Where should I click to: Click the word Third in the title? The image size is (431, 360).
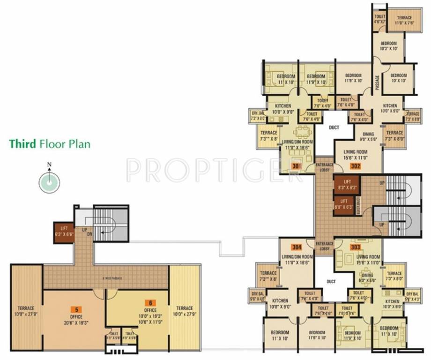[x=22, y=143]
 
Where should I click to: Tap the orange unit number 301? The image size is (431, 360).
[x=296, y=165]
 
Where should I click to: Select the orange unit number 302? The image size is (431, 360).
[x=356, y=165]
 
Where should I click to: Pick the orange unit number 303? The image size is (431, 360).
[x=355, y=247]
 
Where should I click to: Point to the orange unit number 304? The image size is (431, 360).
[x=296, y=247]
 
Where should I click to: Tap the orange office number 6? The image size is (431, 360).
[x=151, y=303]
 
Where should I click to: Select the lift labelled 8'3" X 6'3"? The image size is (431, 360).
[x=346, y=185]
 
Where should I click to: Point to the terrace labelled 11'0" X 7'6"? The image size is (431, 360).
[x=404, y=20]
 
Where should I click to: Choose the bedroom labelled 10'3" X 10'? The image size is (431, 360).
[x=388, y=45]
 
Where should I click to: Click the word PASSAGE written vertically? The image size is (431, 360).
[x=378, y=80]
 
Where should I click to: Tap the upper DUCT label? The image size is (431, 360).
[x=334, y=127]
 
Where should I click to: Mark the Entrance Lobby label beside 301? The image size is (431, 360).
[x=324, y=166]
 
